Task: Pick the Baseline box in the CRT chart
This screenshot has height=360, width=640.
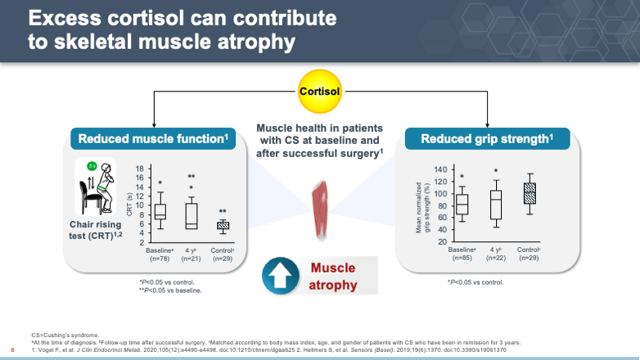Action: (160, 211)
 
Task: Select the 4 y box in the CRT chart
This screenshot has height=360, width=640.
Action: (191, 214)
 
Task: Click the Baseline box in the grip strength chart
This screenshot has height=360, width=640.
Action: (462, 204)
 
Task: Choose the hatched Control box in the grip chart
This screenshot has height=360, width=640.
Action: (530, 194)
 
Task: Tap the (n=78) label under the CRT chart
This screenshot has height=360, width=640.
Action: (160, 259)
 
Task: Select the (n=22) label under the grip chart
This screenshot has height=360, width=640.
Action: (496, 259)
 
